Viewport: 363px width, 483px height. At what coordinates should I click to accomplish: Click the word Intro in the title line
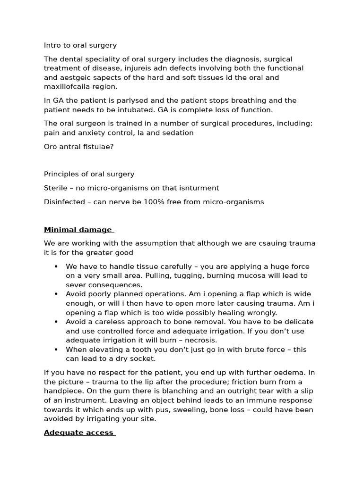click(52, 45)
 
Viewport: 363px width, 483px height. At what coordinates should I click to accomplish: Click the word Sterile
click(56, 188)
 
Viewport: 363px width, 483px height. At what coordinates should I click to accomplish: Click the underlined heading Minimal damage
click(78, 230)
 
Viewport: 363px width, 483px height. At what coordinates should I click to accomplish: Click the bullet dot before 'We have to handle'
click(56, 266)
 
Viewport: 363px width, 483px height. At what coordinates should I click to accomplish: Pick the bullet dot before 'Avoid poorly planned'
click(56, 294)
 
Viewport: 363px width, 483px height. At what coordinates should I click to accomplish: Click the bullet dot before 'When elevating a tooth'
click(56, 350)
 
